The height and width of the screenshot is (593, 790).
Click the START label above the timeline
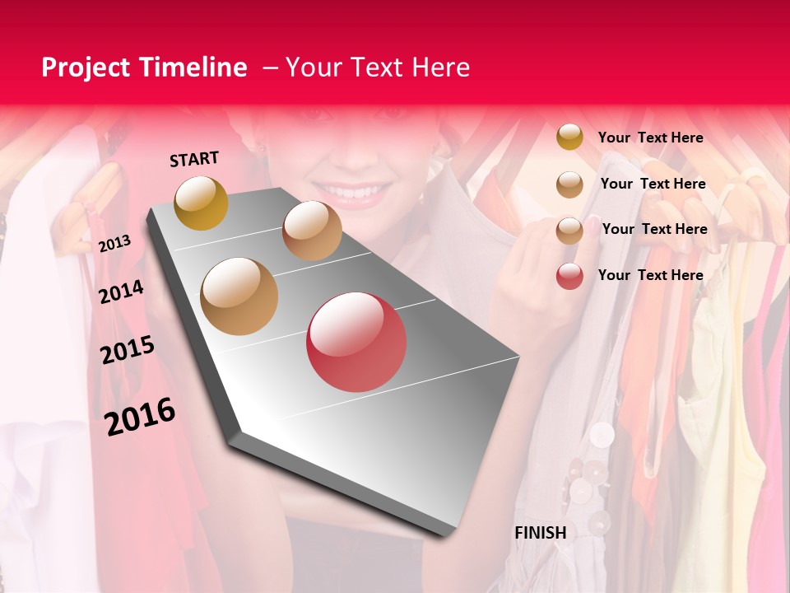tap(194, 159)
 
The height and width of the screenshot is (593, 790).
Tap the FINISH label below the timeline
tap(541, 533)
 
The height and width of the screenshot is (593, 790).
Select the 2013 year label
tap(114, 243)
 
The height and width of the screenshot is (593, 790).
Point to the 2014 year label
tap(121, 292)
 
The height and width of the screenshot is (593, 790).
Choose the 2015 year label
tap(128, 350)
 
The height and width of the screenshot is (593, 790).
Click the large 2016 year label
tap(140, 416)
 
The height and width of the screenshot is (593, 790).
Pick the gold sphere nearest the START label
tap(201, 203)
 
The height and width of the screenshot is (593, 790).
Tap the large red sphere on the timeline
tap(356, 342)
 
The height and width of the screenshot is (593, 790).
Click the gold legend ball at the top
tap(569, 137)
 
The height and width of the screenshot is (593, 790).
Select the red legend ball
tap(569, 276)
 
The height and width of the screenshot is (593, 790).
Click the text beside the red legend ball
tap(650, 275)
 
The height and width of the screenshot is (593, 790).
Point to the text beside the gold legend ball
tap(650, 138)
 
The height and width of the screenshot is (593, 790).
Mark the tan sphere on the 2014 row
tap(239, 296)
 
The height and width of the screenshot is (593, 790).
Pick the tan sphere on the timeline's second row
tap(312, 231)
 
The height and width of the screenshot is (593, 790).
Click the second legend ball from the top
tap(569, 184)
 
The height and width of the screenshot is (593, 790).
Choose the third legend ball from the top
tap(569, 231)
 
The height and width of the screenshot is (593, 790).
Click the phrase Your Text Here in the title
tap(378, 68)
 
